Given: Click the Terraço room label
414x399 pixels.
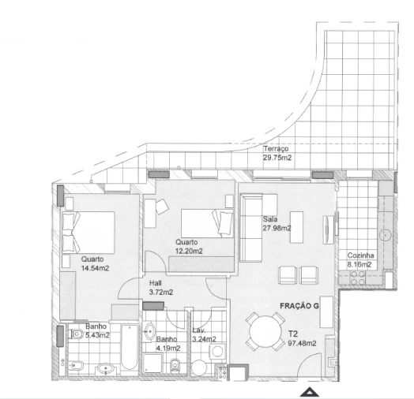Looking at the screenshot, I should (277, 148).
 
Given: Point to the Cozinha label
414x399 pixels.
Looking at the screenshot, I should (361, 257).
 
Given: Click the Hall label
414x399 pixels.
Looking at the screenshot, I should (156, 283).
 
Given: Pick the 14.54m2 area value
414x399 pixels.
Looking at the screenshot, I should (95, 268).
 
